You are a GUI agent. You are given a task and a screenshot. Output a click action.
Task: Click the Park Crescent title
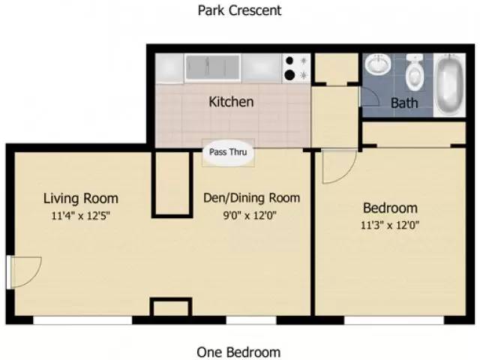tap(239, 10)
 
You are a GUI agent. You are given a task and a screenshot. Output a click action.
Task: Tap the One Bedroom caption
tap(238, 352)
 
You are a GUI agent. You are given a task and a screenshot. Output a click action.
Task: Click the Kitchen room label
tap(231, 102)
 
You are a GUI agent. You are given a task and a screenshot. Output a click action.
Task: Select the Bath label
tap(404, 103)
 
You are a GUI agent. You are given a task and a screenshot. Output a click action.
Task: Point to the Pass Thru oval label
tap(228, 152)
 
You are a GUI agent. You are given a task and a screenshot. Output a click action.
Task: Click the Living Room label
tap(81, 198)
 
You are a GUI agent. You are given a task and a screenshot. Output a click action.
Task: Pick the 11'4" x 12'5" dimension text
tap(80, 216)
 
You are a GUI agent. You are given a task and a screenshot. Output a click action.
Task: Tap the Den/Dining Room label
tap(252, 198)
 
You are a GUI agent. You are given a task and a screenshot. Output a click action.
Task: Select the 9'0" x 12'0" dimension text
tap(250, 215)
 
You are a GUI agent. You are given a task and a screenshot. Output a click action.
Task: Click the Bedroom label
tap(390, 208)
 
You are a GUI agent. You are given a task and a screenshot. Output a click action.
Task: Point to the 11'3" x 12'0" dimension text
tap(390, 225)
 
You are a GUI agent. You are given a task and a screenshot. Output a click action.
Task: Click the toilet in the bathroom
tap(415, 73)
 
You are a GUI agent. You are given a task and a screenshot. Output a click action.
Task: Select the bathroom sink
tap(378, 64)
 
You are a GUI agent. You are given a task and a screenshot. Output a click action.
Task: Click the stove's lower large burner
tap(289, 74)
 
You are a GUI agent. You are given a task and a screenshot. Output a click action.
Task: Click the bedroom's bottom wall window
tap(394, 320)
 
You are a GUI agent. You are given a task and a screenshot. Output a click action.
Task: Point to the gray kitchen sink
tap(212, 67)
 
